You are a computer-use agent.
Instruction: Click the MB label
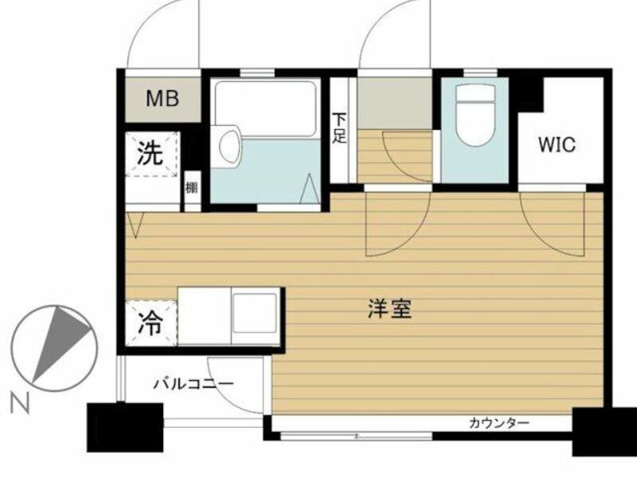point(162,99)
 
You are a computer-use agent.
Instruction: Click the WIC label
point(557,144)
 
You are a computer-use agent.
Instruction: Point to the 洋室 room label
point(389,309)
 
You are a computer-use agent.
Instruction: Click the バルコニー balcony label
point(193,383)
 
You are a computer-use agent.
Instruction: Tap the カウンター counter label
point(499,424)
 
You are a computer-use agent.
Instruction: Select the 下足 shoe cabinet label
point(340,127)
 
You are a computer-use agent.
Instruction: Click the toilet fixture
point(475,114)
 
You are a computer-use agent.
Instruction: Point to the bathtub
point(266,109)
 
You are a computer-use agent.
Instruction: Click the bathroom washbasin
point(229,146)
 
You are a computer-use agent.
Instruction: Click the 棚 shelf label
point(192,188)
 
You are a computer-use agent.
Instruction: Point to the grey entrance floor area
point(394,103)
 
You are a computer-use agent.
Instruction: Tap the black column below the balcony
point(125,427)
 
